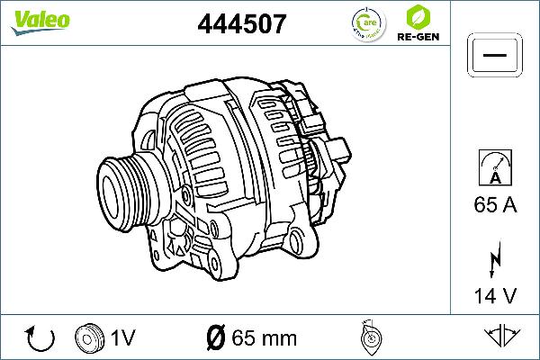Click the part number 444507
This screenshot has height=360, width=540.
(241, 23)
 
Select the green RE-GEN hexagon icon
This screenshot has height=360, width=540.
(417, 17)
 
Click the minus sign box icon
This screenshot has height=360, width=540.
(494, 56)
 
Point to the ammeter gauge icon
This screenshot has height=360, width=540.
(494, 168)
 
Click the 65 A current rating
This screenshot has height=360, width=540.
(494, 206)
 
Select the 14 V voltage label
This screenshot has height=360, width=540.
(494, 296)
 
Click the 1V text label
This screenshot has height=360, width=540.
(123, 338)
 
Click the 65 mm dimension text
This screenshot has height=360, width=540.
(264, 338)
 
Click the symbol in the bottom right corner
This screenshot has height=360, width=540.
(504, 337)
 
